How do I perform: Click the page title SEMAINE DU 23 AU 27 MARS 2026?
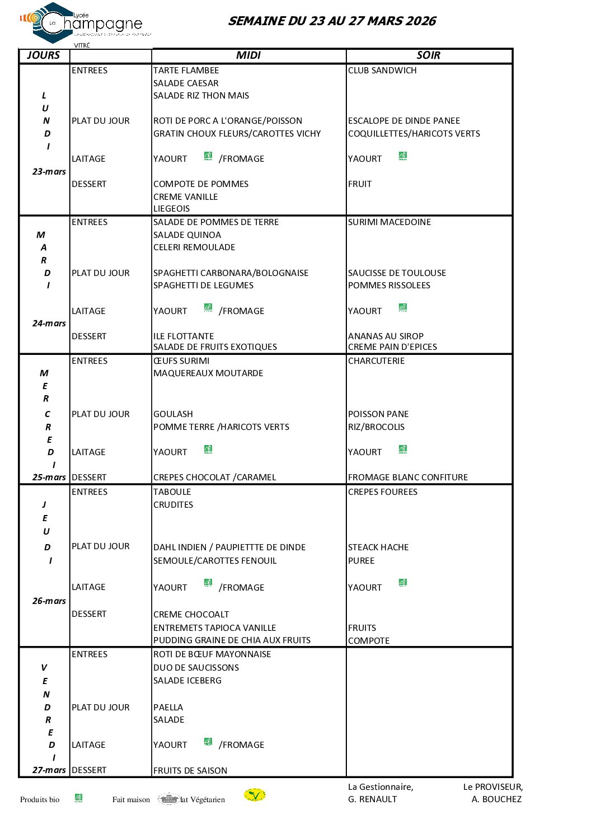[332, 21]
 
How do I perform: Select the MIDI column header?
[248, 55]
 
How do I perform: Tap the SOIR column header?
[429, 55]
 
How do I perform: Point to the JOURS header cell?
[44, 55]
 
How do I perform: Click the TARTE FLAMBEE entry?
[186, 71]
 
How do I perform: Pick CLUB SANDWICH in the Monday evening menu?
[382, 71]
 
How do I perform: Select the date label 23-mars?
[49, 172]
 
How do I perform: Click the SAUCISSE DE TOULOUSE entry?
[397, 273]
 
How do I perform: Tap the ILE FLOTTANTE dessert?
[184, 336]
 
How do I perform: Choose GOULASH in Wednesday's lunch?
[173, 414]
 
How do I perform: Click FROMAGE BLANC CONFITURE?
[408, 477]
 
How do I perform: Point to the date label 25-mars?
[49, 477]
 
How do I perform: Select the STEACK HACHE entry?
[378, 547]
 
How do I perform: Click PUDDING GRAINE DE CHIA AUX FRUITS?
[232, 640]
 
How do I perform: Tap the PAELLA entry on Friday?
[168, 708]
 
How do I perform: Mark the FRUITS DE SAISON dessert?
[190, 771]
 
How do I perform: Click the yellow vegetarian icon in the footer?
[255, 795]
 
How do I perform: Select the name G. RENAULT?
[373, 799]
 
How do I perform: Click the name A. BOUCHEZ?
[496, 799]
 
